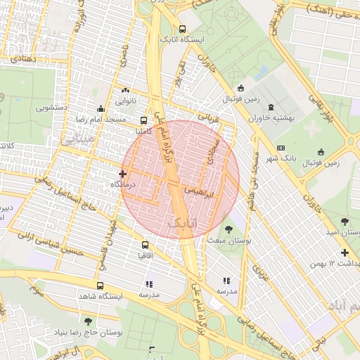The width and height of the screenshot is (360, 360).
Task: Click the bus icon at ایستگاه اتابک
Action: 183,30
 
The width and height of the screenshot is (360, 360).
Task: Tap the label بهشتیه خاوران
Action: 278,119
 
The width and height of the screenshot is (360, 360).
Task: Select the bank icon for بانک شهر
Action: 281,148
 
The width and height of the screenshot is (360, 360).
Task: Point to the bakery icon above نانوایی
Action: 126,91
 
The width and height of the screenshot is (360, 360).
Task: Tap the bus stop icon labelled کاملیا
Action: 144,120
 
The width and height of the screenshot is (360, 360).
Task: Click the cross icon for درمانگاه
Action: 123,173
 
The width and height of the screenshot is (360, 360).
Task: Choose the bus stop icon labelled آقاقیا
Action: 146,245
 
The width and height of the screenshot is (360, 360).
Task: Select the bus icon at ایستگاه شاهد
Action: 100,286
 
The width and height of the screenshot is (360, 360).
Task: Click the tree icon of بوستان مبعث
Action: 229,229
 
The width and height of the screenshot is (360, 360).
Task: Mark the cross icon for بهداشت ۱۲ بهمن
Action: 345,252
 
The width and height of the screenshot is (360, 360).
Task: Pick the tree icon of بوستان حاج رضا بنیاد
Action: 87,321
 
